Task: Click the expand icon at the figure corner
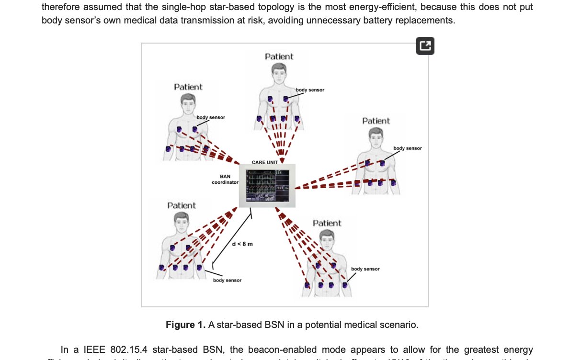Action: pos(425,46)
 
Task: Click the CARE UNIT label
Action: pos(265,162)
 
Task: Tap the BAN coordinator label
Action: pos(225,179)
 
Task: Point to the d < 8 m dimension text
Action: pos(242,244)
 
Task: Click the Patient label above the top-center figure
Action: pos(279,56)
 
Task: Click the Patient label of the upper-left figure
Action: pos(188,87)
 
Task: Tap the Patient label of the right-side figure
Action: pos(376,121)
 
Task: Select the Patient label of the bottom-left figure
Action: pos(181,205)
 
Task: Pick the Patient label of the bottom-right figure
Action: pos(327,223)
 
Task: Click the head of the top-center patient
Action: pos(278,73)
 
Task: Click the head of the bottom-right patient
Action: pos(326,239)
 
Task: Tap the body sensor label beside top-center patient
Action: pos(310,90)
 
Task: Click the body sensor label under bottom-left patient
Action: pos(227,280)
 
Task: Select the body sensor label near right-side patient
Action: pos(408,148)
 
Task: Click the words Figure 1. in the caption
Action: pos(185,325)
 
